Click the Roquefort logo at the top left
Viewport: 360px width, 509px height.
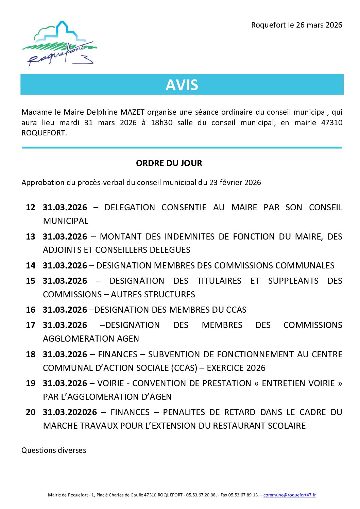click(x=60, y=44)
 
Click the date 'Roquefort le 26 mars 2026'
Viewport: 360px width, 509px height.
click(x=296, y=25)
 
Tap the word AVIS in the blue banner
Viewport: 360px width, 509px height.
click(x=182, y=85)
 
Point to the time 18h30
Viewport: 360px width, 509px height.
click(x=161, y=122)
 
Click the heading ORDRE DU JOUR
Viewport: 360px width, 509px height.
click(x=169, y=163)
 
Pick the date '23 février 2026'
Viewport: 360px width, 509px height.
click(x=235, y=182)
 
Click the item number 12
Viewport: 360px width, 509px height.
click(x=31, y=208)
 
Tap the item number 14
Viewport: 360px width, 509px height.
click(x=31, y=265)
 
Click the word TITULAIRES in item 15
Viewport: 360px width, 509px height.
click(x=219, y=281)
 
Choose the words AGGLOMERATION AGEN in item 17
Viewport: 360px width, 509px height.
click(x=91, y=339)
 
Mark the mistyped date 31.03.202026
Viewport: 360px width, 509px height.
click(x=70, y=412)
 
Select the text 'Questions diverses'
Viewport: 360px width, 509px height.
click(x=54, y=450)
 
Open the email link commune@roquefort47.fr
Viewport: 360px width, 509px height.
click(x=289, y=495)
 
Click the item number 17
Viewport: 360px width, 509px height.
click(x=31, y=325)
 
